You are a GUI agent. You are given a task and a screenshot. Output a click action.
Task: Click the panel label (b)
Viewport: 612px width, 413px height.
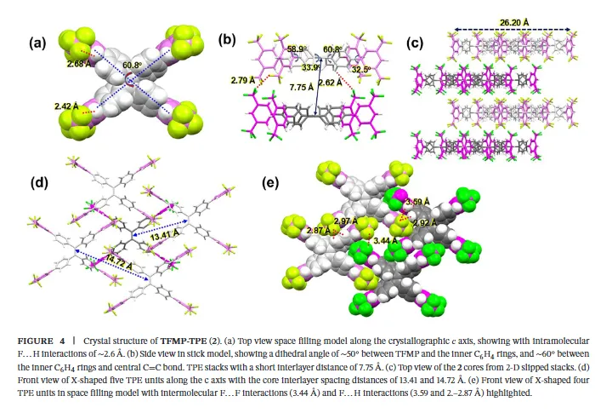pyautogui.click(x=228, y=40)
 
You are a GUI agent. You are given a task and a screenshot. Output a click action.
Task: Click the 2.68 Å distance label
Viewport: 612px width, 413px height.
pyautogui.click(x=82, y=61)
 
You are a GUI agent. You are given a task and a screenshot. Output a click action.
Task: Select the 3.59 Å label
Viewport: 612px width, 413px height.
pyautogui.click(x=418, y=202)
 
